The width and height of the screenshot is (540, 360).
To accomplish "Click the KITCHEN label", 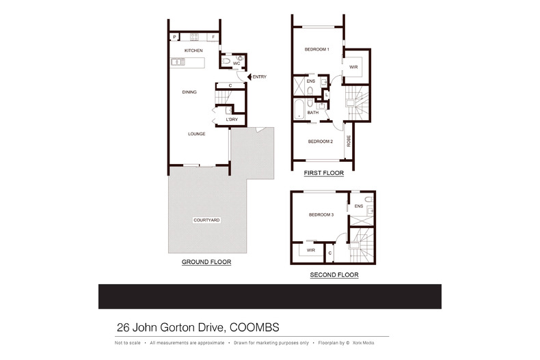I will pyautogui.click(x=193, y=51).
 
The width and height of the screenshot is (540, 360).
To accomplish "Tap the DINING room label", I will pyautogui.click(x=189, y=92).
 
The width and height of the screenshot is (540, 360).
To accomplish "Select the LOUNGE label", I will pyautogui.click(x=197, y=134).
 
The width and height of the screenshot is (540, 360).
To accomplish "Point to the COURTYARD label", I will pyautogui.click(x=206, y=220).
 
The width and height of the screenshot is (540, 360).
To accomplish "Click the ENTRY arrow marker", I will pyautogui.click(x=249, y=77).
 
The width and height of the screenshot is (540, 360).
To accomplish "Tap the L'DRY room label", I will pyautogui.click(x=232, y=120).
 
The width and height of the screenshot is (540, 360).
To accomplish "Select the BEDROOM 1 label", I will pyautogui.click(x=317, y=49).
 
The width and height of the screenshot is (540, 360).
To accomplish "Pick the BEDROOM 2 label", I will pyautogui.click(x=320, y=141).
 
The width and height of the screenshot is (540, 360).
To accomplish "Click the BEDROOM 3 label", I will pyautogui.click(x=321, y=215).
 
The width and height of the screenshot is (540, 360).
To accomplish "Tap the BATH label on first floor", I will pyautogui.click(x=312, y=113).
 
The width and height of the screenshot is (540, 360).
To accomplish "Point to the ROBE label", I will pyautogui.click(x=349, y=141).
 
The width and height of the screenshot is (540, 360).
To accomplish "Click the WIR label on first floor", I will pyautogui.click(x=353, y=67).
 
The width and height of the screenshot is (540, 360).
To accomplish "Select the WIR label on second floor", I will pyautogui.click(x=310, y=250).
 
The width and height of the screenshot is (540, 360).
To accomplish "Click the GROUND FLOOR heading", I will pyautogui.click(x=206, y=262).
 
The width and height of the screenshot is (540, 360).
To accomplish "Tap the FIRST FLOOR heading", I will pyautogui.click(x=323, y=174).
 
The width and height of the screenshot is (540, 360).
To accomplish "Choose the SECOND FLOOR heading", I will pyautogui.click(x=334, y=275).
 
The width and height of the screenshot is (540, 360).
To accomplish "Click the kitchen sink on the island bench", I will pyautogui.click(x=178, y=62).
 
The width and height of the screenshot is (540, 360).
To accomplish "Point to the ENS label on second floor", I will pyautogui.click(x=358, y=206).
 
